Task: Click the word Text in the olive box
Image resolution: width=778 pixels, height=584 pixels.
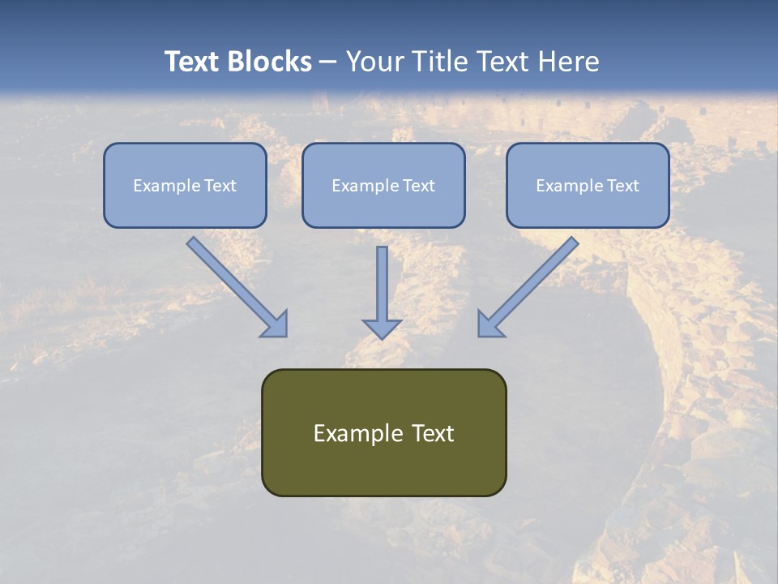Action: pos(433,433)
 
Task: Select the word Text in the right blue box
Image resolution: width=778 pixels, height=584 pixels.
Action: pos(622,186)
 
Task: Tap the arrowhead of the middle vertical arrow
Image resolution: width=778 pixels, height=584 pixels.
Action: pos(382,328)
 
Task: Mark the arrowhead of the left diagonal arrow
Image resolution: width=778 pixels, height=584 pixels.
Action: pos(276,324)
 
